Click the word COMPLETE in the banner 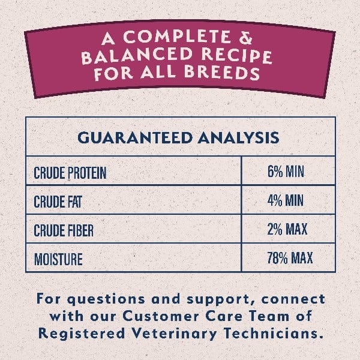[x=177, y=37]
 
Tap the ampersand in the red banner [x=245, y=38]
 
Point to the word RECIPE [x=237, y=56]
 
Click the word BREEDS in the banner [x=222, y=73]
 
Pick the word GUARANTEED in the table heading [x=135, y=137]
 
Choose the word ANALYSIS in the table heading [x=239, y=137]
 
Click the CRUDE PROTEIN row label [x=70, y=173]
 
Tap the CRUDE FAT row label [x=58, y=202]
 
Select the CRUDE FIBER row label [x=64, y=230]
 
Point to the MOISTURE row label [x=58, y=259]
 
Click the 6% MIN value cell [x=286, y=172]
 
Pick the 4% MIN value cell [x=285, y=200]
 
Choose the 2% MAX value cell [x=287, y=229]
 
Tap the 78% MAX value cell [x=290, y=257]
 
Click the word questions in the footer [x=106, y=300]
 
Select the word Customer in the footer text [x=161, y=316]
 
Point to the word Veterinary [x=174, y=334]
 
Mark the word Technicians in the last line [x=272, y=334]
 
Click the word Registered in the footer [x=82, y=334]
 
